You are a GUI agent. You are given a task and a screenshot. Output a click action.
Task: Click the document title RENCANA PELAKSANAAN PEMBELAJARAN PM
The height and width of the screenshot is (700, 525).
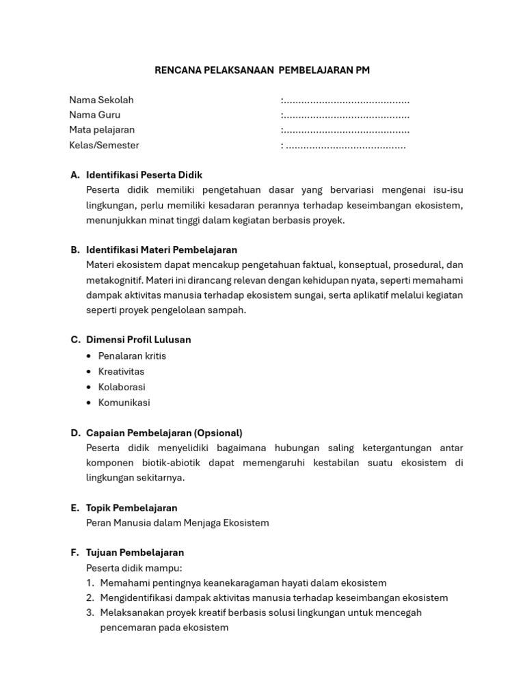tap(262, 70)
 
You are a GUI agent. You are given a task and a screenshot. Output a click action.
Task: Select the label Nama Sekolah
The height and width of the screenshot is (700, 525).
tap(101, 100)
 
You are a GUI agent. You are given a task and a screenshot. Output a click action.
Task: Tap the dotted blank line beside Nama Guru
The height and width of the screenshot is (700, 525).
tap(345, 115)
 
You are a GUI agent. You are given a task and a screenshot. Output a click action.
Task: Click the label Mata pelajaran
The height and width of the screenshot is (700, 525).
tap(102, 130)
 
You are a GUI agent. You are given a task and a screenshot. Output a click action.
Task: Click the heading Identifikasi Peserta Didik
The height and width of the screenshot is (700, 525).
tap(144, 175)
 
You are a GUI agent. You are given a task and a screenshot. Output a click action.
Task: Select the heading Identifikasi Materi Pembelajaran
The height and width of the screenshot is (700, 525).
tap(161, 250)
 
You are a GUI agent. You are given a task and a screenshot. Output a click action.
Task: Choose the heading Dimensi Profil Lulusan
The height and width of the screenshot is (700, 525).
tap(138, 340)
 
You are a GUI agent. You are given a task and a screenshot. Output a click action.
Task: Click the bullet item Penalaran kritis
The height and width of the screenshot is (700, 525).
tap(132, 355)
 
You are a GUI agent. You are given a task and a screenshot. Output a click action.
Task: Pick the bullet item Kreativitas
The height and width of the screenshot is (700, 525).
tap(121, 371)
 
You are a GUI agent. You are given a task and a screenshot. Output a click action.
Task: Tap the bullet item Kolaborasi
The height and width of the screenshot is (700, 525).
tap(122, 387)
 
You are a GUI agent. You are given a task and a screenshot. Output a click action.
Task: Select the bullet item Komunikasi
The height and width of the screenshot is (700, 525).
tap(124, 403)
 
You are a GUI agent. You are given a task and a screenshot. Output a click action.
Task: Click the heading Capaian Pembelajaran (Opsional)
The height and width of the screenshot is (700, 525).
tap(164, 433)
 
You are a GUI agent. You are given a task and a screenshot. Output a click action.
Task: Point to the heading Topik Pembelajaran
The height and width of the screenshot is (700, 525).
tap(131, 508)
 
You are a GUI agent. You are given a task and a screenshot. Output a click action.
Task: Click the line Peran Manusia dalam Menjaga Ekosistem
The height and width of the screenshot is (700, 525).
tap(178, 523)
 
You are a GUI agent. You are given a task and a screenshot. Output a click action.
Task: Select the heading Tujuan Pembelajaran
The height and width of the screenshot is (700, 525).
tap(135, 552)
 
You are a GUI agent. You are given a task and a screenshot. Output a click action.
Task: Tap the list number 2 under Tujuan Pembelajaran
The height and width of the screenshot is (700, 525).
tap(90, 597)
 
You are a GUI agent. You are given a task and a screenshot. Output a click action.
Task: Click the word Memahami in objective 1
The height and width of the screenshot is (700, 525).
tap(122, 582)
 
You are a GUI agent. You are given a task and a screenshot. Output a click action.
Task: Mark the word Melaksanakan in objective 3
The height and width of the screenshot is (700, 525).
tap(130, 612)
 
